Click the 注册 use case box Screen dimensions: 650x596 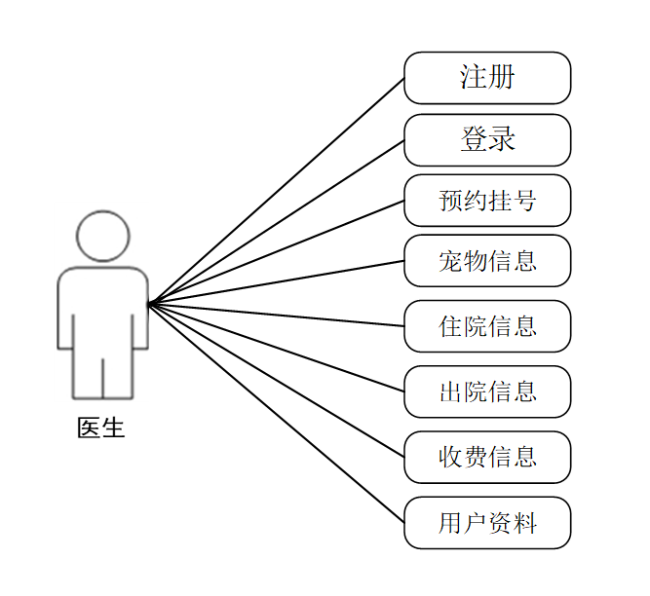pyautogui.click(x=487, y=78)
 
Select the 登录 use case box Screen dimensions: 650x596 pyautogui.click(x=487, y=140)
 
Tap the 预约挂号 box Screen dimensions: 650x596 pyautogui.click(x=487, y=202)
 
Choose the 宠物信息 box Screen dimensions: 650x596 pyautogui.click(x=487, y=261)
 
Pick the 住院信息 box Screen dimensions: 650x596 pyautogui.click(x=487, y=326)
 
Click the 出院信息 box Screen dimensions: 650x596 pyautogui.click(x=487, y=391)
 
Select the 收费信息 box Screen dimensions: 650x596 pyautogui.click(x=487, y=457)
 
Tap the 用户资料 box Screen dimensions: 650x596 pyautogui.click(x=487, y=523)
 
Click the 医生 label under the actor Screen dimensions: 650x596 pyautogui.click(x=101, y=428)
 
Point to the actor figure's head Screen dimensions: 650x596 pyautogui.click(x=102, y=237)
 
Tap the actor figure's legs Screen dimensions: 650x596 pyautogui.click(x=102, y=375)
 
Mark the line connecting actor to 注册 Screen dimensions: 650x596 pyautogui.click(x=276, y=192)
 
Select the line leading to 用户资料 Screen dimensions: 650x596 pyautogui.click(x=276, y=413)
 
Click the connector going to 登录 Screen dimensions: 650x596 pyautogui.click(x=276, y=223)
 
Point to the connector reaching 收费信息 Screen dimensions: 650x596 pyautogui.click(x=276, y=380)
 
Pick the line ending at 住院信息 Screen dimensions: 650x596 pyautogui.click(x=276, y=315)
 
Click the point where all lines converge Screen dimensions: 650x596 pyautogui.click(x=149, y=304)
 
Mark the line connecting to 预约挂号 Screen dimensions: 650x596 pyautogui.click(x=276, y=253)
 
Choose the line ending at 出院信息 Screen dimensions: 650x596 pyautogui.click(x=276, y=347)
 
